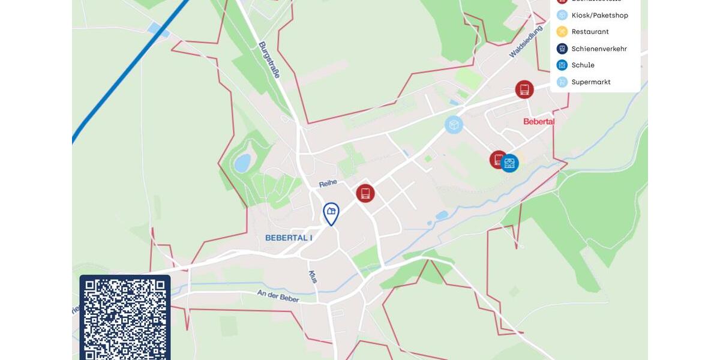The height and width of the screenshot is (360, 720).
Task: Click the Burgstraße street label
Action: point(270,59)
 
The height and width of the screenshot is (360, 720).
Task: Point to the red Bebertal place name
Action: point(539,121)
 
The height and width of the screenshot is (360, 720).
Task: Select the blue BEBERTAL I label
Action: point(289,238)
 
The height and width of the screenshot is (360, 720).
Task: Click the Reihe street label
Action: point(328,182)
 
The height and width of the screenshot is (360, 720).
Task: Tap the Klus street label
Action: point(313,277)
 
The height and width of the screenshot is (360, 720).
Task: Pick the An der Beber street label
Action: point(278,296)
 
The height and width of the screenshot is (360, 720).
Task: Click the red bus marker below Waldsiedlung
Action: point(524,89)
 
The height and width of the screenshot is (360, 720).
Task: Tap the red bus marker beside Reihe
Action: point(365,193)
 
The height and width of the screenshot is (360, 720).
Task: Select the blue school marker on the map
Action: point(509,163)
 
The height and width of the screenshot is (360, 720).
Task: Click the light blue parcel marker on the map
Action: point(454,125)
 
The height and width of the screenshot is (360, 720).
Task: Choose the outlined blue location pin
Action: point(331,213)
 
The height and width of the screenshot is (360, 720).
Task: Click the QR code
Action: point(125,318)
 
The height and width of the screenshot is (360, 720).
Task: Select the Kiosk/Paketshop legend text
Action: point(599,15)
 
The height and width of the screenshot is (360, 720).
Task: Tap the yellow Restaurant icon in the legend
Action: point(562,32)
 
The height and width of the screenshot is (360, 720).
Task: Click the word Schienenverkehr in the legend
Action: point(599,49)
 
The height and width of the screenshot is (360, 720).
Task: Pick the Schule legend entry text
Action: point(583,65)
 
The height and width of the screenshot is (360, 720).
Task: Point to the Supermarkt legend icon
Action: point(562,82)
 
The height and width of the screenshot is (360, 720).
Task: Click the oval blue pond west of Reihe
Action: point(242,163)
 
